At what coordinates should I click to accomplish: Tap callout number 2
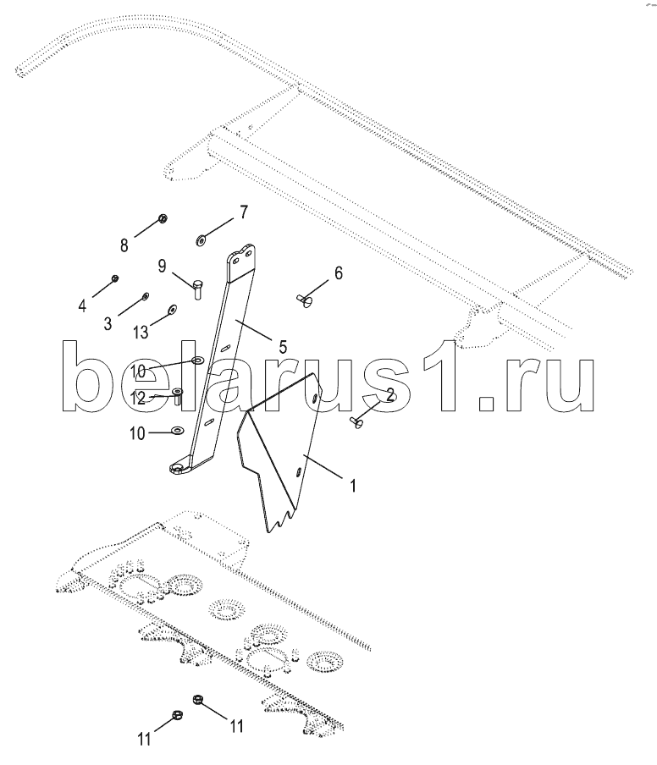point(389,394)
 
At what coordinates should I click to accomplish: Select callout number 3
point(108,322)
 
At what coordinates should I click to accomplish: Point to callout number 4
point(83,305)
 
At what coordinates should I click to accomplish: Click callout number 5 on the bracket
point(283,345)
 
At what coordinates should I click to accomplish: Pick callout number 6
point(338,272)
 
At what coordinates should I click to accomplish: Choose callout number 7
point(243,212)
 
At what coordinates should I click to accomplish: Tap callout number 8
point(124,245)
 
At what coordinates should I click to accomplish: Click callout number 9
point(161,267)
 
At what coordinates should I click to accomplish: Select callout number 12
point(138,397)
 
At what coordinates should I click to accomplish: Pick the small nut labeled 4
point(116,278)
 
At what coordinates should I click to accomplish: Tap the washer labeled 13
point(173,310)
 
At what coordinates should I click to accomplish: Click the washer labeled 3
point(146,296)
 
